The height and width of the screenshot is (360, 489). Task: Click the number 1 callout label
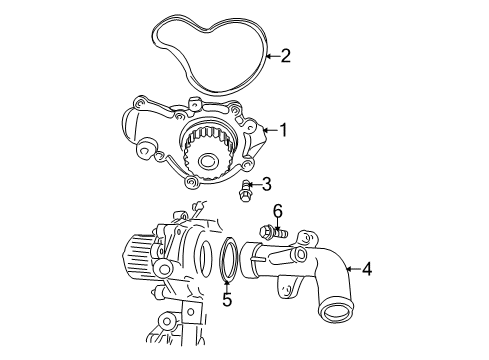(284, 129)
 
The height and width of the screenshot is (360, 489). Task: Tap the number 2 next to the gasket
(285, 56)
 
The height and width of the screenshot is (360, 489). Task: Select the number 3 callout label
(266, 184)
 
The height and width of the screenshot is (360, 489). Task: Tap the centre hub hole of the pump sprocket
(207, 161)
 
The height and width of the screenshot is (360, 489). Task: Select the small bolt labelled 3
(244, 190)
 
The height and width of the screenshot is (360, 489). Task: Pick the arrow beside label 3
(252, 184)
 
